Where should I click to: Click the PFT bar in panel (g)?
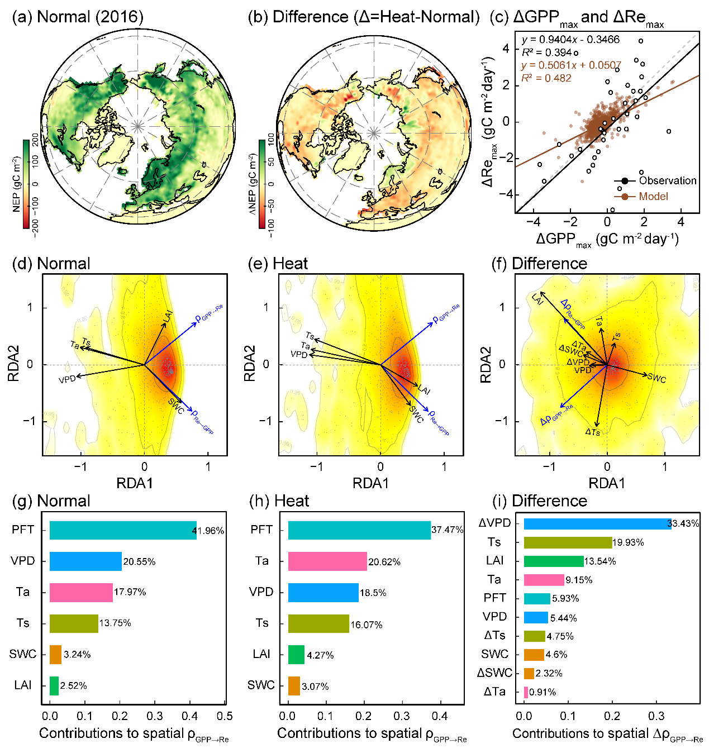click(x=123, y=530)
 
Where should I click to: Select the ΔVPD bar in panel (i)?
click(x=597, y=523)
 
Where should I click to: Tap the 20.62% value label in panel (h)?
click(x=384, y=562)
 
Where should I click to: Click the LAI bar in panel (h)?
click(x=296, y=655)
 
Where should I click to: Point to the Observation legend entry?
click(x=668, y=180)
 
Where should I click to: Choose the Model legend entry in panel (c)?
click(x=653, y=196)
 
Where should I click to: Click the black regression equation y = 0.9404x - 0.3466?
click(x=570, y=40)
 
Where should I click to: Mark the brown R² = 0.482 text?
click(x=546, y=78)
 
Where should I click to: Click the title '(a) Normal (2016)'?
click(x=78, y=17)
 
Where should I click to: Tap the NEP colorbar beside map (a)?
click(x=26, y=184)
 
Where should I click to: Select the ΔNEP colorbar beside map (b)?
click(x=263, y=184)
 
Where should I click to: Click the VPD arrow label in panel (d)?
click(x=67, y=379)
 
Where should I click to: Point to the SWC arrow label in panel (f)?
click(x=657, y=378)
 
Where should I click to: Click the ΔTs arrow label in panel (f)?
click(x=593, y=432)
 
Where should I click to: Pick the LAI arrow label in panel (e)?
click(x=424, y=390)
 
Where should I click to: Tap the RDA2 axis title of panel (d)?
click(x=13, y=364)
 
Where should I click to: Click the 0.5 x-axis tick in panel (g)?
click(x=225, y=716)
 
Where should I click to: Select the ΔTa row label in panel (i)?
click(x=495, y=692)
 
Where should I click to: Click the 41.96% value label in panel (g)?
click(x=208, y=531)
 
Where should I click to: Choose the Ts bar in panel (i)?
click(x=568, y=542)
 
